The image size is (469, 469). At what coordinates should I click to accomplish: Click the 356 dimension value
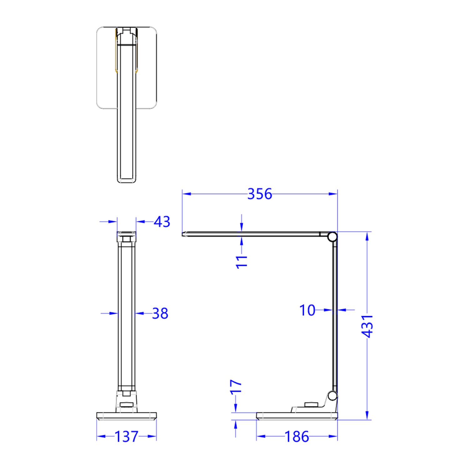[x=259, y=194]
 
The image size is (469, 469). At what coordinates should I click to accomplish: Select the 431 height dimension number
[x=367, y=326]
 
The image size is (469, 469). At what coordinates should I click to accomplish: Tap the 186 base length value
[x=297, y=436]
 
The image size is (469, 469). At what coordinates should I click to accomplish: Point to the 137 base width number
[x=126, y=436]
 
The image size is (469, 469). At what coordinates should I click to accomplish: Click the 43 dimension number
[x=162, y=222]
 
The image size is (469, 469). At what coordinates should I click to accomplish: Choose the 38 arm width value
[x=160, y=313]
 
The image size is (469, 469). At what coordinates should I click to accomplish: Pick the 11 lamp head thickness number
[x=242, y=262]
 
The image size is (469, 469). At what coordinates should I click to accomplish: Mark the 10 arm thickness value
[x=307, y=310]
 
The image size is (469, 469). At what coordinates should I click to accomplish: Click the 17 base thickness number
[x=236, y=386]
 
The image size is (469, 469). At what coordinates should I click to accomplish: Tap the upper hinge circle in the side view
[x=332, y=237]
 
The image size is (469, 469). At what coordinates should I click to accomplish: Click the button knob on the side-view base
[x=311, y=405]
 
